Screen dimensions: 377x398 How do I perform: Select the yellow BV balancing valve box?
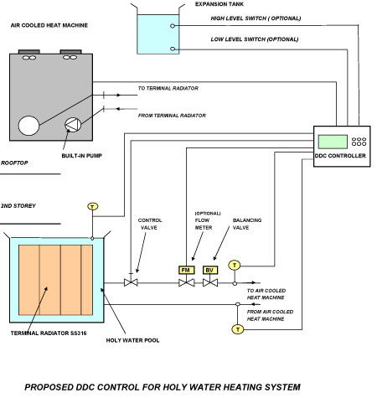(x=210, y=270)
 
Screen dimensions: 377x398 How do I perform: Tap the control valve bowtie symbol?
(x=131, y=282)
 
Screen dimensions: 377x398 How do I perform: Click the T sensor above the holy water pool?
(x=93, y=206)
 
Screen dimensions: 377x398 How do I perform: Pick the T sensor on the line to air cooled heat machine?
(x=235, y=265)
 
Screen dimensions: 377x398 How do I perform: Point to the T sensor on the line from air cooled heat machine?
(x=238, y=329)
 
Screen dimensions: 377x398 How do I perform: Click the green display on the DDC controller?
(x=333, y=142)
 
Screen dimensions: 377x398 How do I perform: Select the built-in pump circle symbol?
(x=73, y=125)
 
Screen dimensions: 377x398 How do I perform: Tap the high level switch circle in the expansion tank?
(x=173, y=26)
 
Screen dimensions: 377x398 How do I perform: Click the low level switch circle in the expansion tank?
(x=173, y=49)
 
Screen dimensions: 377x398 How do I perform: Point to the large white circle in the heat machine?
(x=28, y=126)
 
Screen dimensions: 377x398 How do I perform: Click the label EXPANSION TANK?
(x=219, y=4)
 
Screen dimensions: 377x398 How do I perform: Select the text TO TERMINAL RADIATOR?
(x=168, y=88)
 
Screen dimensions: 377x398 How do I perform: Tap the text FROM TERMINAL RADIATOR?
(x=172, y=116)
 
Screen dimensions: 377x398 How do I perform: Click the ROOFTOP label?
(x=14, y=163)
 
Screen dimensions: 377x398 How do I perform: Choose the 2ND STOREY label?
(x=18, y=206)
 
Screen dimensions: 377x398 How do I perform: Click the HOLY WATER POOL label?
(x=132, y=340)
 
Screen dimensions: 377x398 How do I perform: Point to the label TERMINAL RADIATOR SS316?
(x=49, y=333)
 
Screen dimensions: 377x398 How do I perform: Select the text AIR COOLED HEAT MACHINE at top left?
(x=49, y=25)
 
